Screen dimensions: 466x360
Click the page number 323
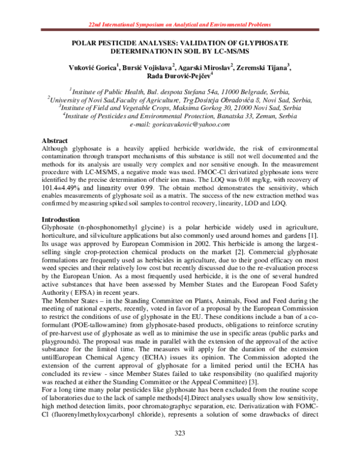point(180,450)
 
